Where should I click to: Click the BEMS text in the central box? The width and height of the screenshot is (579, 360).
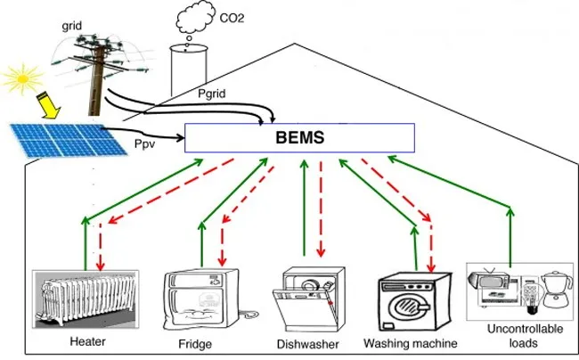(300, 139)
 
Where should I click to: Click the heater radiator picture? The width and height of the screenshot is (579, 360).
(81, 299)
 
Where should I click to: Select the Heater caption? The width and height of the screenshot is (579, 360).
(87, 341)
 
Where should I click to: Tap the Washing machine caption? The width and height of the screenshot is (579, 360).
(411, 343)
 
